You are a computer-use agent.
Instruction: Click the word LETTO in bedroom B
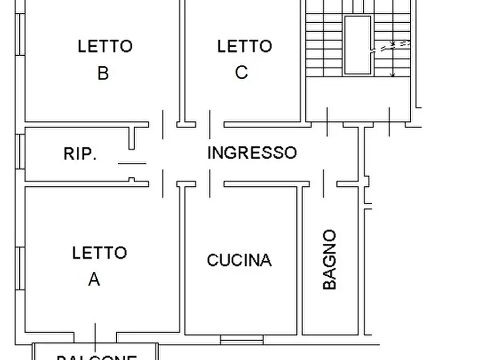pyautogui.click(x=105, y=46)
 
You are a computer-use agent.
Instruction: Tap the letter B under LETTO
pyautogui.click(x=103, y=73)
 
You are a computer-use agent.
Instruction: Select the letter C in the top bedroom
pyautogui.click(x=241, y=72)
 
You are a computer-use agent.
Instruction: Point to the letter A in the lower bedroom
pyautogui.click(x=94, y=279)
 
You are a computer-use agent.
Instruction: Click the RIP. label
pyautogui.click(x=80, y=154)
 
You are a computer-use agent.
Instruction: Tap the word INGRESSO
pyautogui.click(x=252, y=153)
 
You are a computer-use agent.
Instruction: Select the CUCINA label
pyautogui.click(x=239, y=261)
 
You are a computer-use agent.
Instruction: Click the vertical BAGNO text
pyautogui.click(x=329, y=260)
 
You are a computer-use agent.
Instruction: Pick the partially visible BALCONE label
pyautogui.click(x=97, y=356)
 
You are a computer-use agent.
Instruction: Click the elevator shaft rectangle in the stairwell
pyautogui.click(x=357, y=45)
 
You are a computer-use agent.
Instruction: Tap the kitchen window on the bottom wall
pyautogui.click(x=242, y=339)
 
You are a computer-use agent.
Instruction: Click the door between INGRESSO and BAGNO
pyautogui.click(x=324, y=184)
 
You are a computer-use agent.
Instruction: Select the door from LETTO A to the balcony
pyautogui.click(x=95, y=337)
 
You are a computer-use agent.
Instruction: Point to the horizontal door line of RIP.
pyautogui.click(x=132, y=163)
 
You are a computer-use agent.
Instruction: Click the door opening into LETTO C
pyautogui.click(x=210, y=124)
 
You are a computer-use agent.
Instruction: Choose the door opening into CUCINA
pyautogui.click(x=210, y=184)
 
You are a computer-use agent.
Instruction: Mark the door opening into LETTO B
pyautogui.click(x=163, y=124)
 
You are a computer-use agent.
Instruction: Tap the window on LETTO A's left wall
pyautogui.click(x=20, y=269)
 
